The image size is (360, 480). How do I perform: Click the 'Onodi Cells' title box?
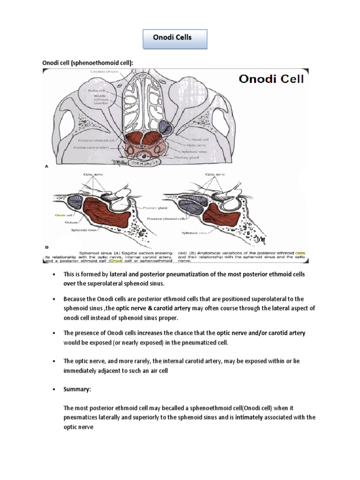point(172,37)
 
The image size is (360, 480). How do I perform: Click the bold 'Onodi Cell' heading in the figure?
point(271,78)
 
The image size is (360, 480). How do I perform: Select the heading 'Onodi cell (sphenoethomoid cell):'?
point(85,63)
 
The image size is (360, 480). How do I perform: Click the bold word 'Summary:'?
point(77,390)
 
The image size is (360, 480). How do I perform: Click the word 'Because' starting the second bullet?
point(75,299)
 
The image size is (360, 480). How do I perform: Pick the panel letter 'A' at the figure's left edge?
point(45,165)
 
